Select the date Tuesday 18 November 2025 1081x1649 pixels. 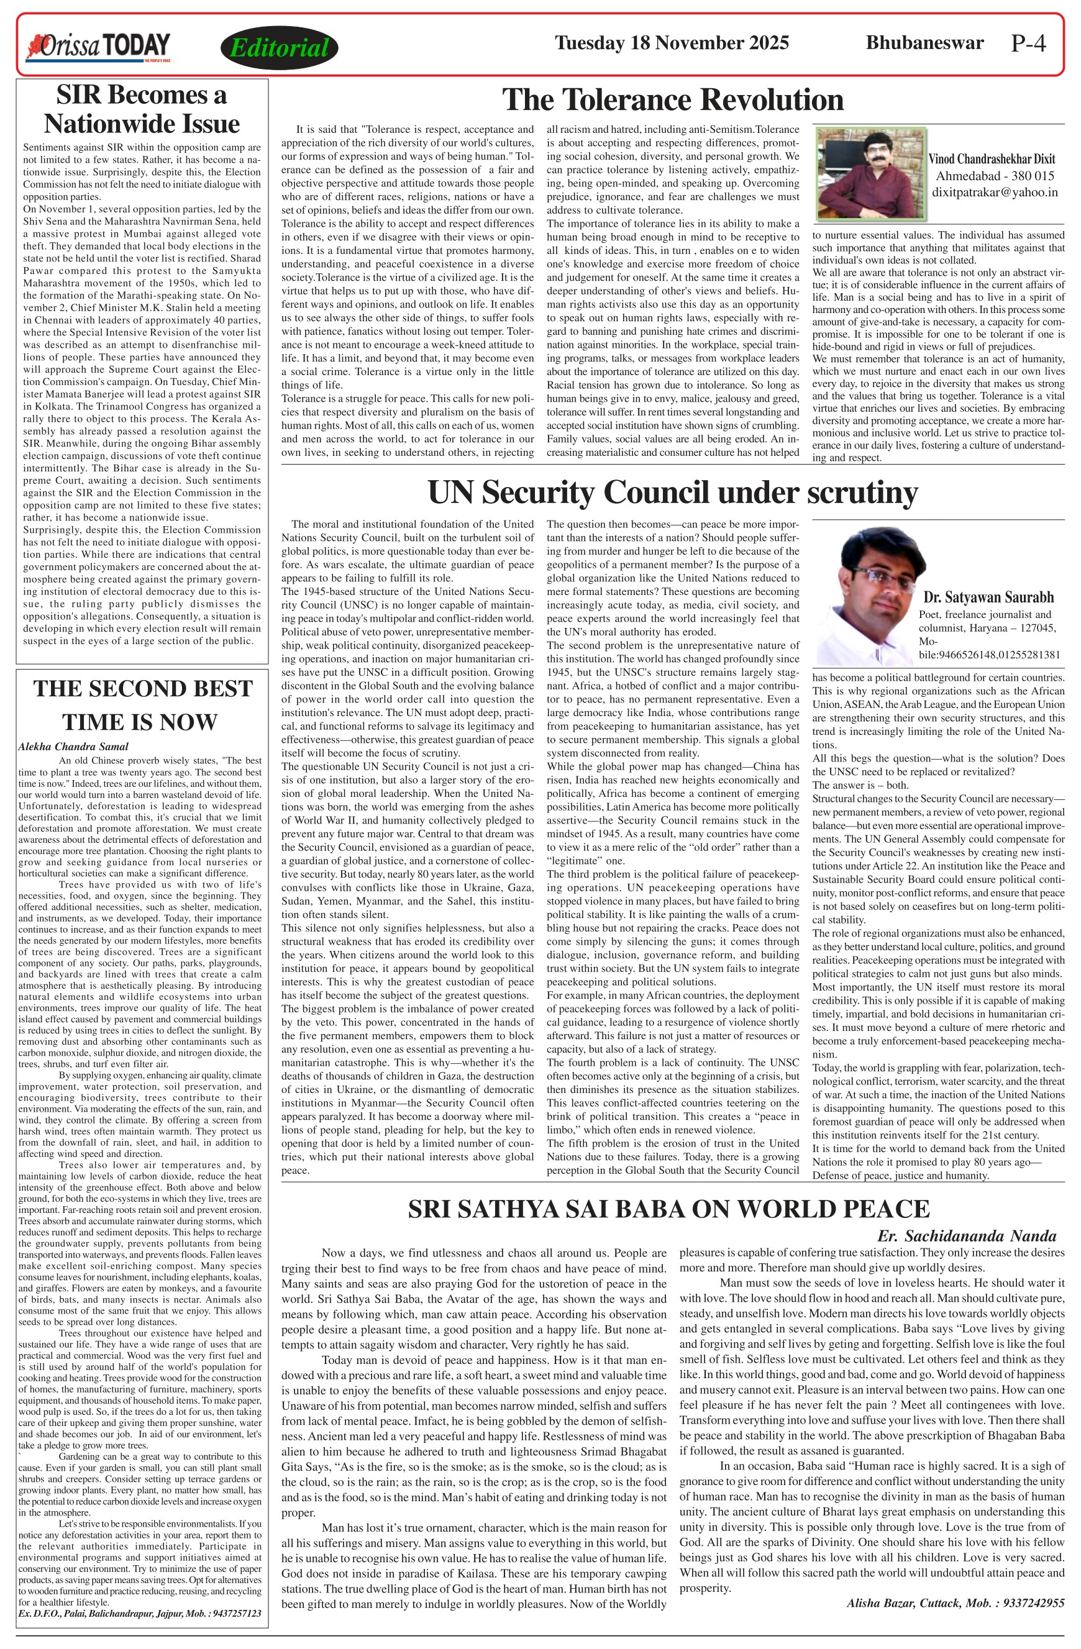(x=672, y=43)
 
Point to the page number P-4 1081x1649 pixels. (x=1028, y=43)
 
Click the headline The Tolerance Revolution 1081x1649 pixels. (x=672, y=100)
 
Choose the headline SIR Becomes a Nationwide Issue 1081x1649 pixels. (x=142, y=109)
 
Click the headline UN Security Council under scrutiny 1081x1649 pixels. (x=672, y=493)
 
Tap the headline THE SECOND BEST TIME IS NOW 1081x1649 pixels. (x=142, y=706)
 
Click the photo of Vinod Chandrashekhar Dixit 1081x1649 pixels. (x=870, y=173)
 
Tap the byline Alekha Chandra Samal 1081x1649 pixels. (x=73, y=746)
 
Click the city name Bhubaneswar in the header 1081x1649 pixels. (x=924, y=43)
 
